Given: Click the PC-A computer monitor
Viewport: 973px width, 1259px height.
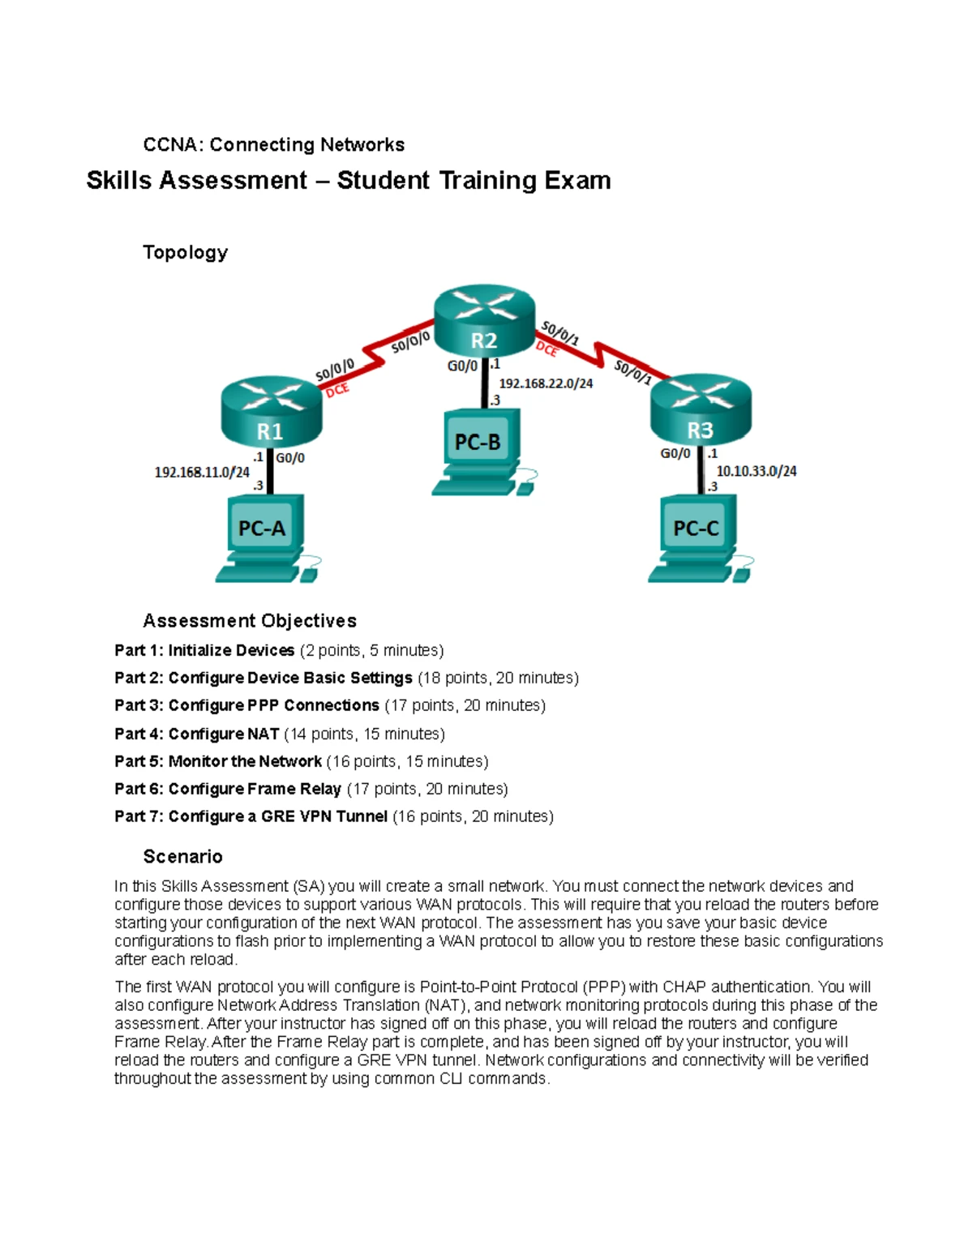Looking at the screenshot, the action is point(262,528).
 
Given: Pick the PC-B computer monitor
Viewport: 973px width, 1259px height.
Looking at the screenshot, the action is point(478,441).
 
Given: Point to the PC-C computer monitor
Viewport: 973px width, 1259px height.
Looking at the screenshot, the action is point(696,528).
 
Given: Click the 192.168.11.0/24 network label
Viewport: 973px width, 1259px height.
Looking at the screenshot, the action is point(202,472).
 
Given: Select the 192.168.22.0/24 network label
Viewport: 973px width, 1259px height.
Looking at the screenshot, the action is point(546,383).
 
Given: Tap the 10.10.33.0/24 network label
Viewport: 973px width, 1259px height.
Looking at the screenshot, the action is point(756,471).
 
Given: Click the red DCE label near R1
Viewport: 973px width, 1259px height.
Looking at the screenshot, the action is point(337,390).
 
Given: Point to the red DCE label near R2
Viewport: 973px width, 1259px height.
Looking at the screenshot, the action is point(547,349).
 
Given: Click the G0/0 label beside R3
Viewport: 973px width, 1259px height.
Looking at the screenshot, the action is point(675,454).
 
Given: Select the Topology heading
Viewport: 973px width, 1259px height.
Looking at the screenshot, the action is point(185,252).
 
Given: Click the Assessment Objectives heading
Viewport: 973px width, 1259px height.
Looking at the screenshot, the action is point(250,621).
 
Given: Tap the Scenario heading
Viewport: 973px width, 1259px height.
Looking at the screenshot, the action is point(182,857).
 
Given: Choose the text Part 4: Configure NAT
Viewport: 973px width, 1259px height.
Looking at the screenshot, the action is point(197,734).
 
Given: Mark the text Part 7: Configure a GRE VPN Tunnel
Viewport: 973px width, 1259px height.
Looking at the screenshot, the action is point(251,816).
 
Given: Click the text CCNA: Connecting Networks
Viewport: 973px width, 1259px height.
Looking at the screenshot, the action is point(273,145).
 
